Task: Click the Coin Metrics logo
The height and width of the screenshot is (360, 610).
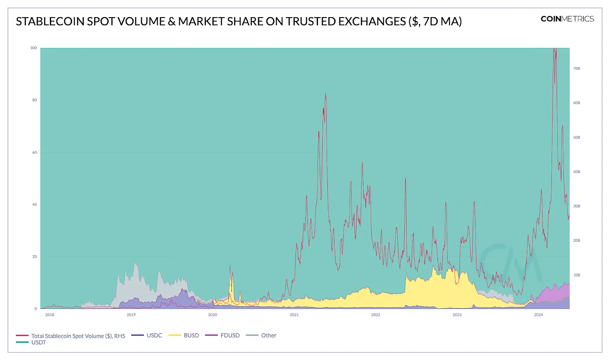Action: click(x=567, y=19)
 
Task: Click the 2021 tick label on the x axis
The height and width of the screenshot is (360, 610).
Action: click(x=294, y=315)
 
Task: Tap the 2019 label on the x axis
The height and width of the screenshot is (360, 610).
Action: click(x=131, y=315)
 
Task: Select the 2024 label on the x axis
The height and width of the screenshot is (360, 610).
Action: click(x=538, y=315)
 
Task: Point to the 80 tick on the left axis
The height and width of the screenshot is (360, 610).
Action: click(x=34, y=100)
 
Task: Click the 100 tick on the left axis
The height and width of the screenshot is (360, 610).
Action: click(x=34, y=48)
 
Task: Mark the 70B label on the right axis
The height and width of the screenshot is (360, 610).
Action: click(x=576, y=68)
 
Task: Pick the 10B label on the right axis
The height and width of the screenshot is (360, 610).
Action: click(x=576, y=275)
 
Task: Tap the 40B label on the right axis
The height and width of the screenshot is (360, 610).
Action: click(x=576, y=172)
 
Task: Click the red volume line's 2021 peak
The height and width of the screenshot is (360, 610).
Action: click(x=326, y=93)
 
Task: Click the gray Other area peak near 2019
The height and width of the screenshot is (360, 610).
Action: click(x=135, y=263)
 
